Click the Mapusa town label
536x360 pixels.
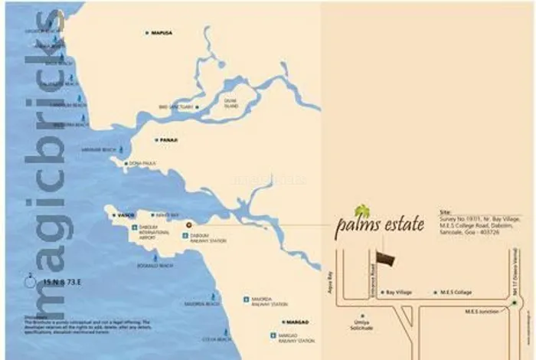click(162, 33)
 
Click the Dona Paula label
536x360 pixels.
click(143, 163)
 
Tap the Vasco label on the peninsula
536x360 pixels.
click(126, 215)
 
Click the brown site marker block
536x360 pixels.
click(388, 260)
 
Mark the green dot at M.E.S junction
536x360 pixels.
click(515, 303)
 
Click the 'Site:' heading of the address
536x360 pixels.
click(446, 211)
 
